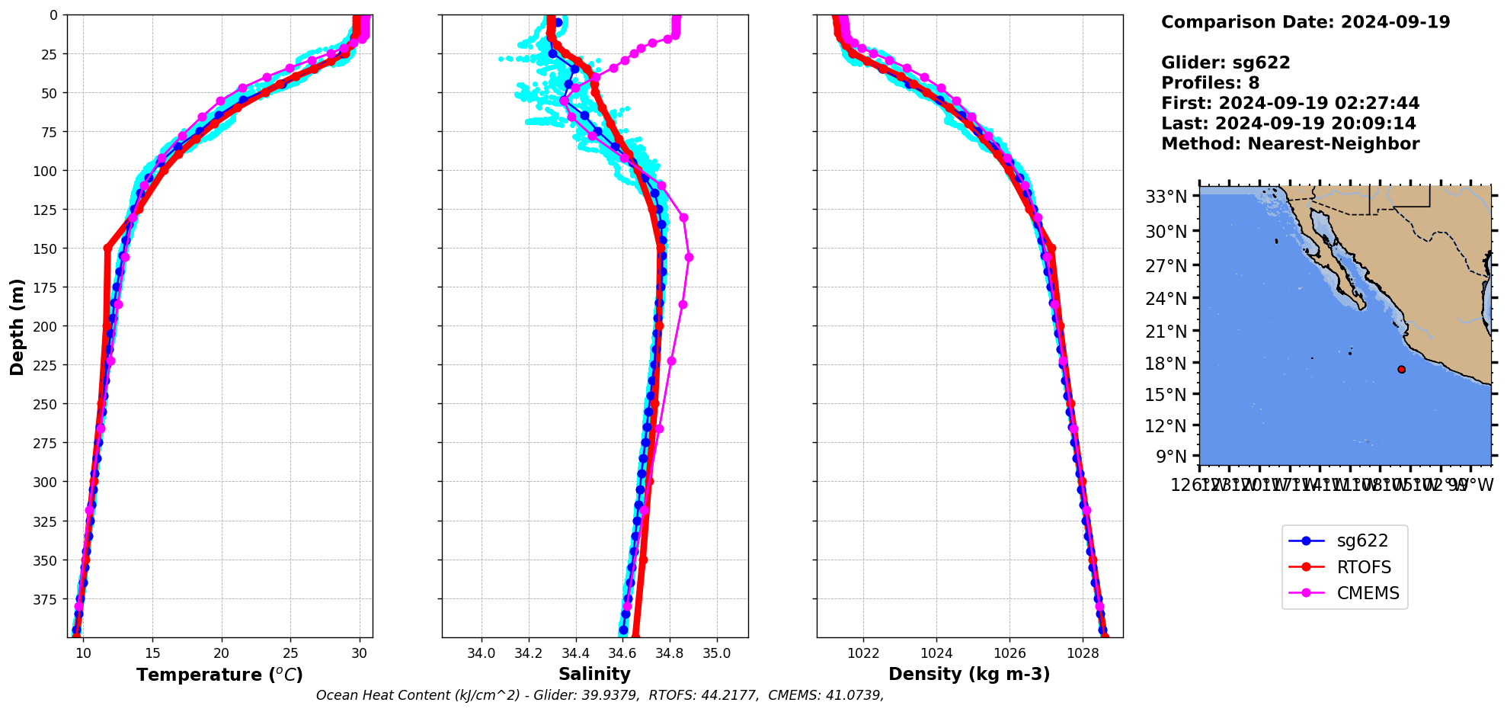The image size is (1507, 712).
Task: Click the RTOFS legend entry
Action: [x=1363, y=567]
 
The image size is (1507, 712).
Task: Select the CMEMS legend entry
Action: [x=1368, y=593]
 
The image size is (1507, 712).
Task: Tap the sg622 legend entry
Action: [x=1362, y=541]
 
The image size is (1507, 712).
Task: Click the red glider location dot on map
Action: [x=1401, y=370]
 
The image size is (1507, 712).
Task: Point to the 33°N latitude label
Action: [x=1166, y=197]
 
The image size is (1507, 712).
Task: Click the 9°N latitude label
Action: [x=1171, y=457]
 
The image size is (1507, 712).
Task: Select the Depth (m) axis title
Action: [x=17, y=326]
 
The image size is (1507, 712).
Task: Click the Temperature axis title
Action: [x=219, y=675]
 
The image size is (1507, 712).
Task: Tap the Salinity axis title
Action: [x=594, y=675]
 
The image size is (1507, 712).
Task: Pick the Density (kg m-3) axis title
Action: [x=969, y=675]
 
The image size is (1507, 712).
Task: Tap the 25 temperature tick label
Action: [x=290, y=653]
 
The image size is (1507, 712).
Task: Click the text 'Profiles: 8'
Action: [x=1210, y=83]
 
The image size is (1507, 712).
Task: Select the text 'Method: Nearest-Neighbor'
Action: [x=1290, y=144]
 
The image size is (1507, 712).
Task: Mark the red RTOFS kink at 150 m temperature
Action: [x=107, y=248]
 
